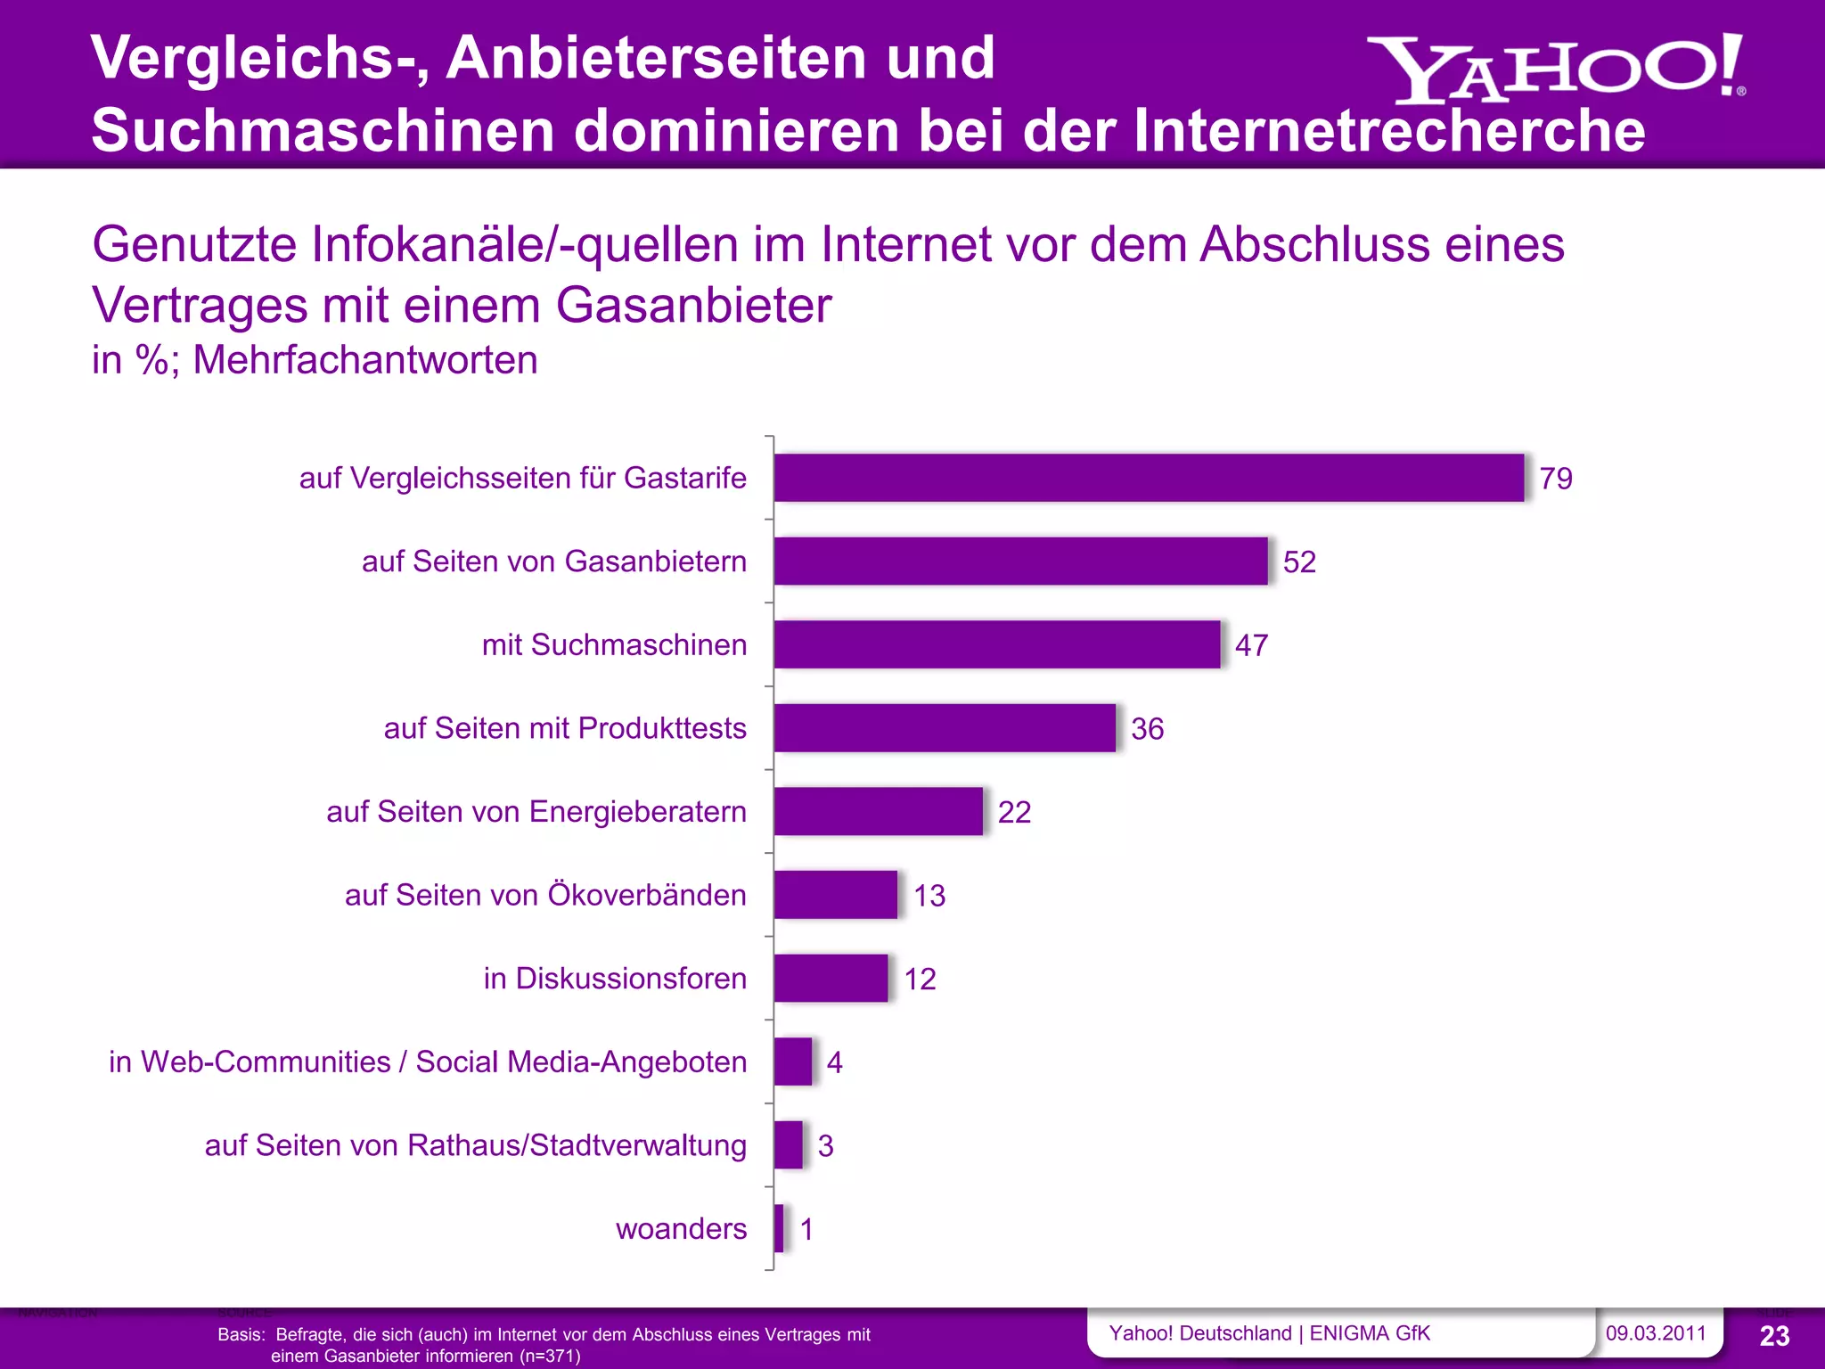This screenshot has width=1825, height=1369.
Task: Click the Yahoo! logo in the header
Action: (1555, 70)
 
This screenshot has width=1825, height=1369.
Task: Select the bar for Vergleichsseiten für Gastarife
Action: (1148, 478)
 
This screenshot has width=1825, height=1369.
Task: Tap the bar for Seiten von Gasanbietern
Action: (1020, 562)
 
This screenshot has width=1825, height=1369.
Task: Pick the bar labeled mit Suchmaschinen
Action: (996, 644)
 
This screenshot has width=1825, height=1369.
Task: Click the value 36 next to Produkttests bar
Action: (1147, 729)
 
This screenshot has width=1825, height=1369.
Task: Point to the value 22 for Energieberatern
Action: (1014, 812)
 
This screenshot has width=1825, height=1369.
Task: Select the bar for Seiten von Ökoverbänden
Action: (835, 895)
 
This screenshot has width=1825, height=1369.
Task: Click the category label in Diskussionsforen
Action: (615, 979)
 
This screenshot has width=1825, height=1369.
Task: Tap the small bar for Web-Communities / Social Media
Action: (792, 1062)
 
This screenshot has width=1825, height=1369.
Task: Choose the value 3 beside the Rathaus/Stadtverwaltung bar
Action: (825, 1146)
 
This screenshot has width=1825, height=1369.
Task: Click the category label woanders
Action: (681, 1229)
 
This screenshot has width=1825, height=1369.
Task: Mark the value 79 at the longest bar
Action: (1556, 479)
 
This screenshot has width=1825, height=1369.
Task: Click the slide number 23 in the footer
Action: (1774, 1336)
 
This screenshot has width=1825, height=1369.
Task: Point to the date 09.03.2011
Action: (1655, 1333)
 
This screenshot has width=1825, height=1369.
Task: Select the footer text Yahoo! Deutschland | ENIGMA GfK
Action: (1269, 1333)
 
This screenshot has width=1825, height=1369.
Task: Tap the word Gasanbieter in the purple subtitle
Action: (693, 306)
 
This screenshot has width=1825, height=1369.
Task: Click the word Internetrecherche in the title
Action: (1389, 131)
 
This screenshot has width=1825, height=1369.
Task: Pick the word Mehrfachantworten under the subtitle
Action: (365, 360)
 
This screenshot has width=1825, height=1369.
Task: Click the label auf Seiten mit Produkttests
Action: (565, 728)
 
